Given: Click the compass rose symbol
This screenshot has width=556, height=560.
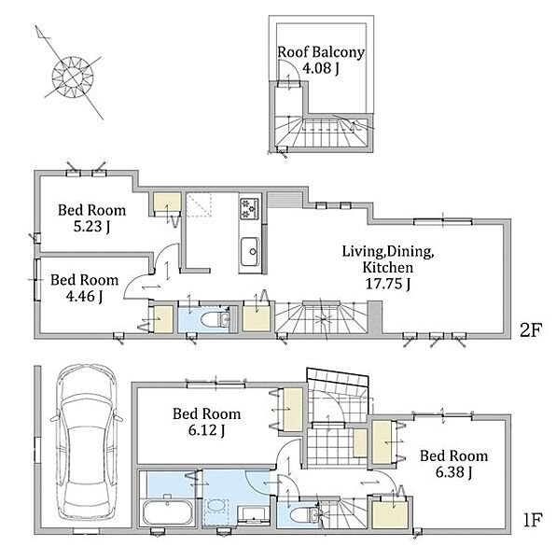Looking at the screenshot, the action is click(73, 77).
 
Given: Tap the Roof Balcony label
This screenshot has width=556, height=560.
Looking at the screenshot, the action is click(321, 52).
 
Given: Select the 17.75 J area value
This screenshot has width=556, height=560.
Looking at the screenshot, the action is click(388, 284).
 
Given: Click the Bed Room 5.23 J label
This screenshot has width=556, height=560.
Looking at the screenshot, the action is click(92, 217).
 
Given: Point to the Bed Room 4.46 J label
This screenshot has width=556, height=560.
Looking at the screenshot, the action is click(85, 287).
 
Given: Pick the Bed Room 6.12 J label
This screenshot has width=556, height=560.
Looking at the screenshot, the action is click(206, 422).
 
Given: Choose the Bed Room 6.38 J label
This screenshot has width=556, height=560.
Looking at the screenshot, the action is click(453, 464).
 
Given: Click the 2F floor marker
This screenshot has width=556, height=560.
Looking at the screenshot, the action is click(531, 330).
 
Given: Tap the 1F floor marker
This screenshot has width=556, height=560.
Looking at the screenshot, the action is click(533, 520).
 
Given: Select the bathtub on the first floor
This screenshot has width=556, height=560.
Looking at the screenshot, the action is click(168, 512).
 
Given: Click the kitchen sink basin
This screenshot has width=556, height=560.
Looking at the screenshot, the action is click(250, 251).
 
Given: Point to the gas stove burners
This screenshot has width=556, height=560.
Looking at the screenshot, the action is click(249, 208).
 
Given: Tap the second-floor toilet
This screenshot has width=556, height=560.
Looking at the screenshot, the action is click(215, 319).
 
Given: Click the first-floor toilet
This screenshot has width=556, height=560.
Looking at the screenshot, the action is click(304, 515).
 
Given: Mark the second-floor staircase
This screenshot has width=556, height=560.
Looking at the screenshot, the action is click(321, 318).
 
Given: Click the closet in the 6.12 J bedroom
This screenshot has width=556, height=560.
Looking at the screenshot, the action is click(293, 410).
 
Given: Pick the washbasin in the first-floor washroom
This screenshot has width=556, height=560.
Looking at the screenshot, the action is click(254, 515).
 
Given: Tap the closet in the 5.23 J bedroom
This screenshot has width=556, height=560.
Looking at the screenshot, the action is click(167, 203).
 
